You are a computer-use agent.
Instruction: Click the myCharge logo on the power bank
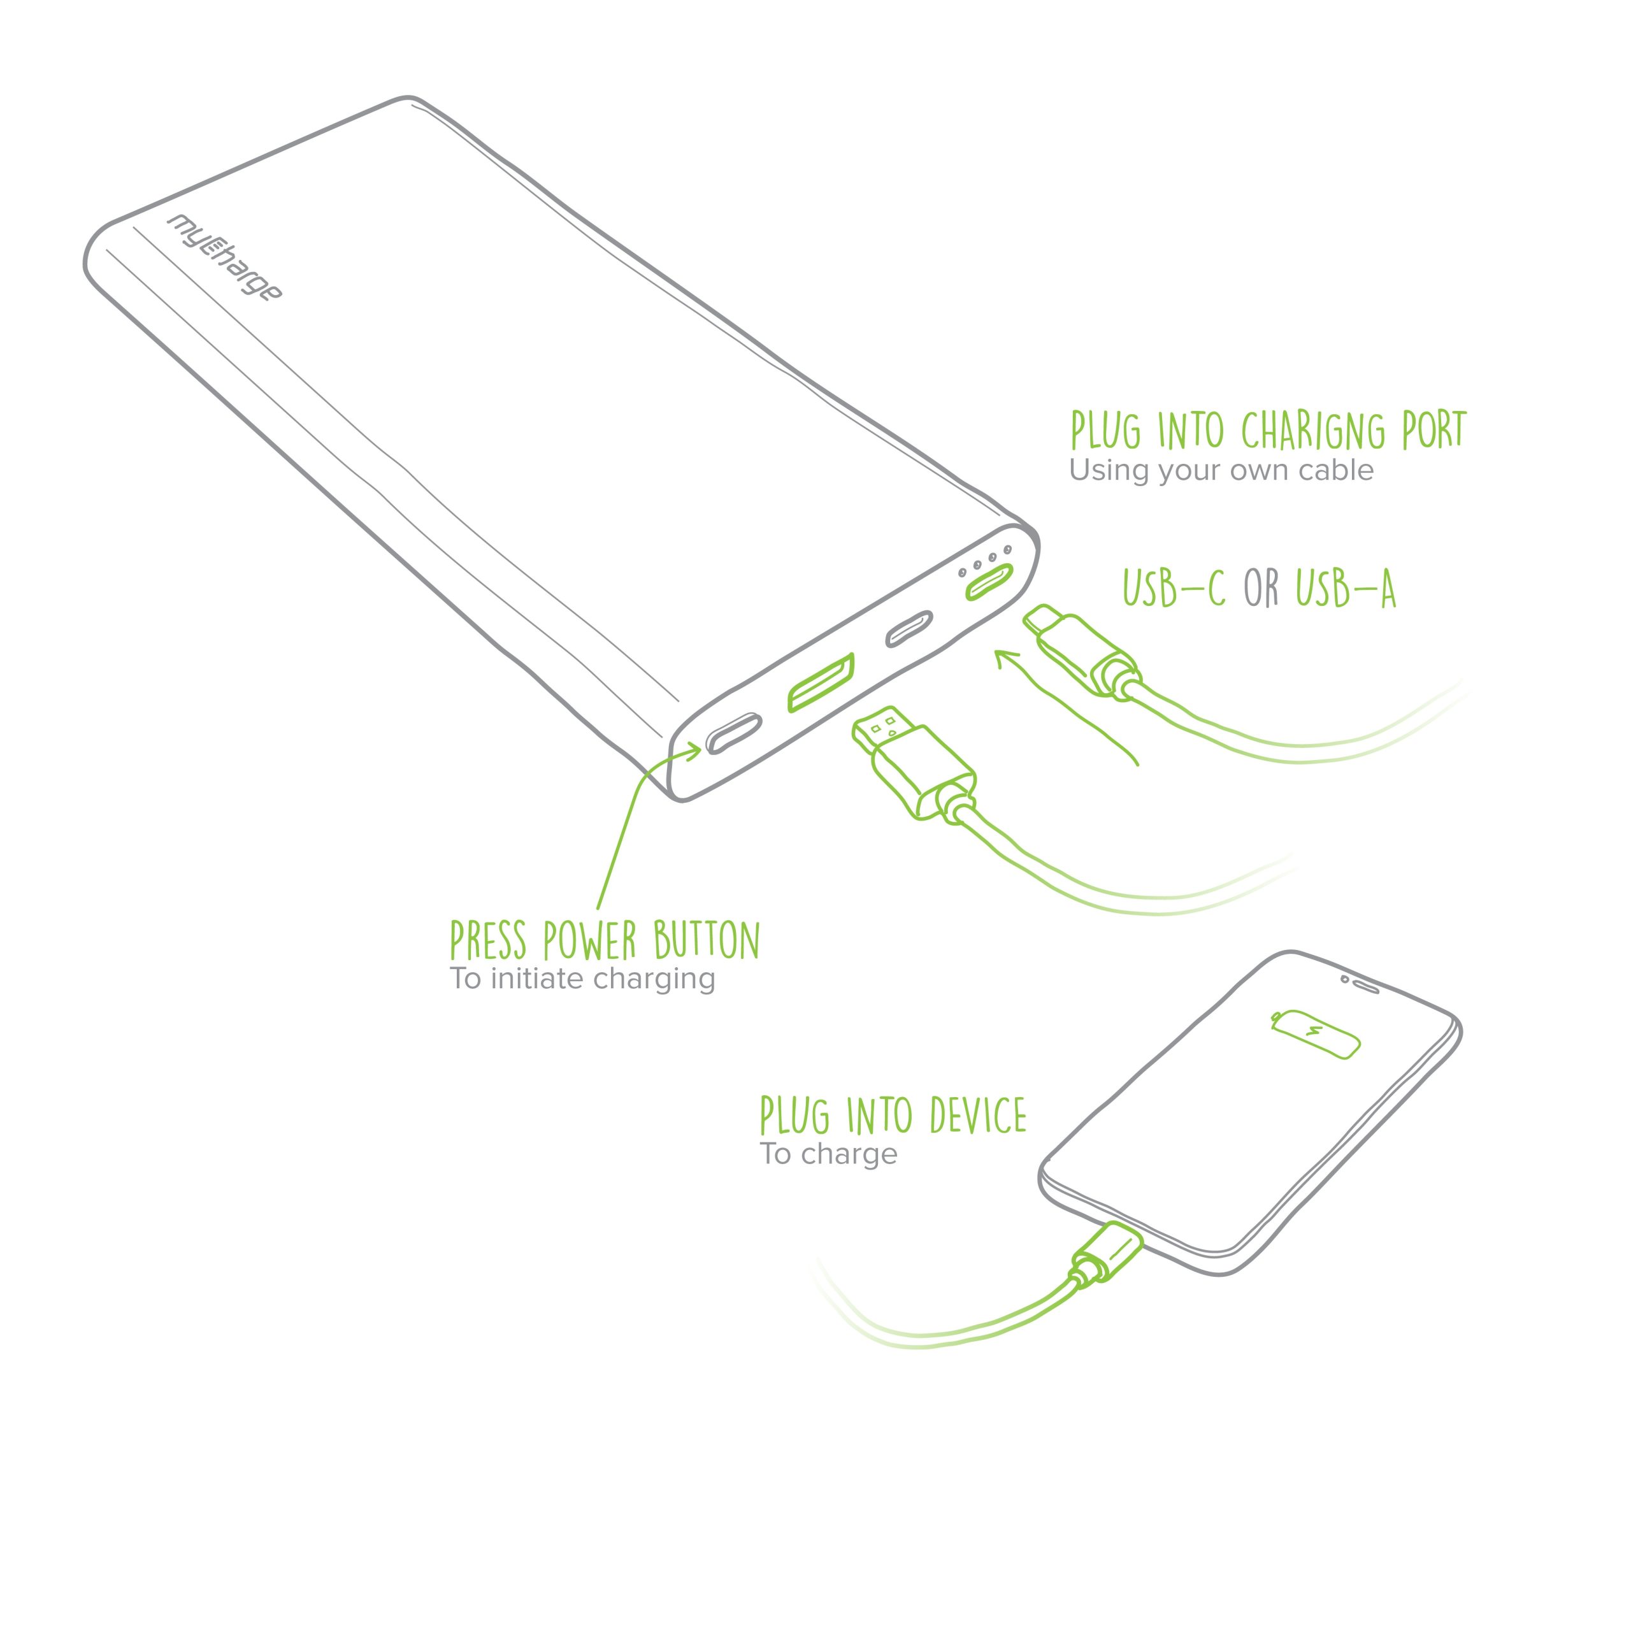pos(224,258)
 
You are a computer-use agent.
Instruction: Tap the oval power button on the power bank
pos(733,733)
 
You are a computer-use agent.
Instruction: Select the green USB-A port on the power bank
pos(820,682)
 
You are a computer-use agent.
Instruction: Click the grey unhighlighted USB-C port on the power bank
pos(909,629)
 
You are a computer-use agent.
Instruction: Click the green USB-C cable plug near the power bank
pos(1081,651)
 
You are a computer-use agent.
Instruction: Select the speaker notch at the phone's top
pos(1360,984)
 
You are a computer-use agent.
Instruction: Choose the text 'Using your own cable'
pos(1221,470)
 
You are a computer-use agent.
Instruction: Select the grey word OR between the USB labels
pos(1261,589)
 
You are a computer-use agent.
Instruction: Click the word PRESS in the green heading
pos(488,940)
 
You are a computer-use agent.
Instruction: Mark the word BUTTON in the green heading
pos(707,940)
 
